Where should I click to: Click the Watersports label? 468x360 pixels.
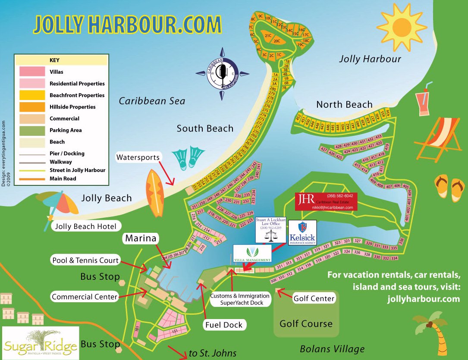pos(138,157)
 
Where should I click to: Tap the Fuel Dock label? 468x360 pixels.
pos(224,325)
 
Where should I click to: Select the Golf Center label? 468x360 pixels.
pos(314,298)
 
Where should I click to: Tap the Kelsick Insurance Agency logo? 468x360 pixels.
pos(302,233)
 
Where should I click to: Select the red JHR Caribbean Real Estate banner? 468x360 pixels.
pos(327,201)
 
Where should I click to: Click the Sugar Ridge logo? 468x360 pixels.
pos(41,343)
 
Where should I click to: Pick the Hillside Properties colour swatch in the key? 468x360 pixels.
pos(31,106)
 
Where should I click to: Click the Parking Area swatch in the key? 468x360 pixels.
pos(31,130)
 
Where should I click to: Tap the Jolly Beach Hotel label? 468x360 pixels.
pos(86,226)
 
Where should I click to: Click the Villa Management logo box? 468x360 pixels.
pos(252,254)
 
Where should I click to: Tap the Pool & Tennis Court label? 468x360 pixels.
pos(85,260)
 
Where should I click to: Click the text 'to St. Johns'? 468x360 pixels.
pos(213,354)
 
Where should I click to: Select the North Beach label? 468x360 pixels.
pos(344,104)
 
